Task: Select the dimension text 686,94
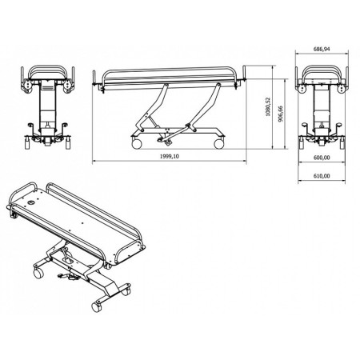coord(322,50)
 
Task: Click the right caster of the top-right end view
coord(342,144)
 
